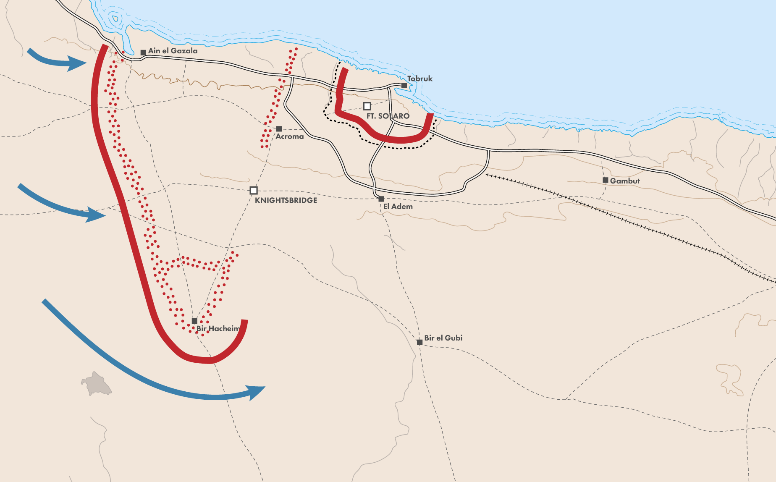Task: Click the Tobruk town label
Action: click(419, 79)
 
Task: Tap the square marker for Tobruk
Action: click(404, 85)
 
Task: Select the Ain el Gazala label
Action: click(173, 51)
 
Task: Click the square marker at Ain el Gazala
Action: click(143, 52)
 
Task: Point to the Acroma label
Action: click(289, 136)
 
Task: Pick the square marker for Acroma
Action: click(279, 128)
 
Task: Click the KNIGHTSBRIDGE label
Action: click(286, 200)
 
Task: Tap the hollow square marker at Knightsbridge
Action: click(254, 190)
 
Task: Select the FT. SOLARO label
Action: click(388, 116)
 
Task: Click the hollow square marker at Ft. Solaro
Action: click(367, 106)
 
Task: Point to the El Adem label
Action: click(398, 207)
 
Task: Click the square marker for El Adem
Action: click(381, 199)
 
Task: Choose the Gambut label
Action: click(625, 181)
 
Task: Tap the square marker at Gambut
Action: click(605, 180)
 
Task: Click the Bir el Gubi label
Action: click(443, 338)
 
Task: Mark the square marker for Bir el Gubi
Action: click(419, 342)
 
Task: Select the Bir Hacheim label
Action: click(218, 329)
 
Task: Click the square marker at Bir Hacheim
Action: click(194, 321)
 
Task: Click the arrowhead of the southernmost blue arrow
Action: click(256, 392)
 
